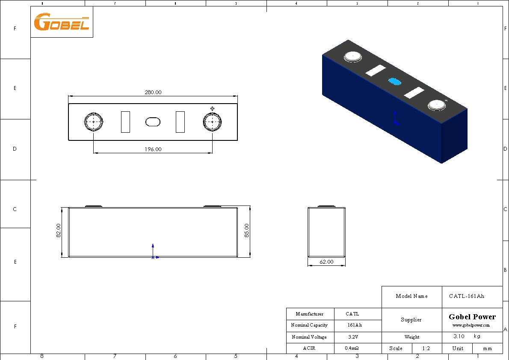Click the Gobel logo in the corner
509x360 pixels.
(x=62, y=22)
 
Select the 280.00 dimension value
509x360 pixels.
(x=153, y=92)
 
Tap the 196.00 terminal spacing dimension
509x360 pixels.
(x=153, y=149)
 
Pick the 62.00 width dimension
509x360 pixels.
(x=326, y=262)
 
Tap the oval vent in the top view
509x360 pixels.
(x=153, y=122)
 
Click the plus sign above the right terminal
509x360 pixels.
(x=212, y=109)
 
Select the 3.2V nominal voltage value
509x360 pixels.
(x=357, y=337)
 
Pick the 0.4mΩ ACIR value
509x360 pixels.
(x=357, y=348)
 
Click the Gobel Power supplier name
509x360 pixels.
(x=472, y=317)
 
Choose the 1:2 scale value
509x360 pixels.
(x=426, y=348)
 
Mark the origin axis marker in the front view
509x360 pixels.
(x=153, y=257)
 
